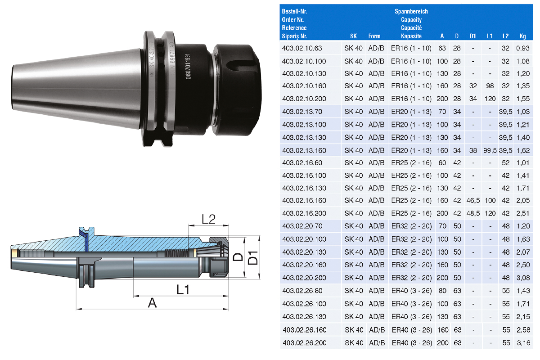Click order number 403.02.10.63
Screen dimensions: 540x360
pos(302,48)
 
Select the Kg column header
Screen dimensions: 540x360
pos(522,36)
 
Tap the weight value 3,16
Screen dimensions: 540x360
pos(523,343)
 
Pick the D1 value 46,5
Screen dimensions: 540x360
pos(473,201)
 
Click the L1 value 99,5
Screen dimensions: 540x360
pos(490,151)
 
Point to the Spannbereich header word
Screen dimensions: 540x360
pos(411,11)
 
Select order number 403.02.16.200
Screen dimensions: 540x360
pos(304,213)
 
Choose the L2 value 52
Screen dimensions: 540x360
pos(505,163)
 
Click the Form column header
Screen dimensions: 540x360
pos(374,36)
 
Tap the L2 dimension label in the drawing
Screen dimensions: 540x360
pos(208,219)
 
